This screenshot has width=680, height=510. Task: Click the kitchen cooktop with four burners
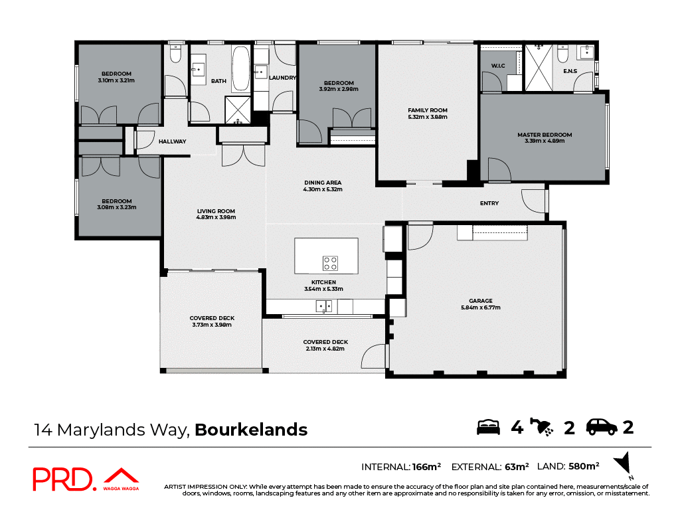click(x=331, y=263)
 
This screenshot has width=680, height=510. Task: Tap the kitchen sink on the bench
click(x=323, y=306)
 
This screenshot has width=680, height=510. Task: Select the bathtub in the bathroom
click(x=240, y=70)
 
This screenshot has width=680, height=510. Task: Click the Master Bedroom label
click(x=544, y=135)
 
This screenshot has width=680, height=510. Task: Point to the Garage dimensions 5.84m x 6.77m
click(x=479, y=307)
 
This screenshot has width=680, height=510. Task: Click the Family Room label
click(x=427, y=110)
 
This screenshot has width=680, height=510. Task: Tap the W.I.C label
click(x=498, y=65)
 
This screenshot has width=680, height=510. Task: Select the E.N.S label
click(x=569, y=70)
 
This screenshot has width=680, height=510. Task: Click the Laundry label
click(x=282, y=78)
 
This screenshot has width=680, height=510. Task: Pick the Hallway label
click(x=172, y=141)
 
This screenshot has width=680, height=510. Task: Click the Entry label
click(x=489, y=203)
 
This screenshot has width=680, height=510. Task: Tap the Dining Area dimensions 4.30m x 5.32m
click(x=323, y=189)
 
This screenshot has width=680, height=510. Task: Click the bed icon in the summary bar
click(x=488, y=427)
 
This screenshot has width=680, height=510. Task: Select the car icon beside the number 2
click(x=602, y=427)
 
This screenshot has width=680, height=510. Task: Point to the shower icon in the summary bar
click(x=544, y=428)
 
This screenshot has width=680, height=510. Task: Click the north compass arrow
click(x=623, y=464)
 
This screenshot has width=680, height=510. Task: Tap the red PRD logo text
click(x=63, y=479)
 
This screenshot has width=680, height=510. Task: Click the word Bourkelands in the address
click(x=251, y=430)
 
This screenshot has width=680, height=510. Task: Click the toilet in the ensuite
click(x=562, y=51)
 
